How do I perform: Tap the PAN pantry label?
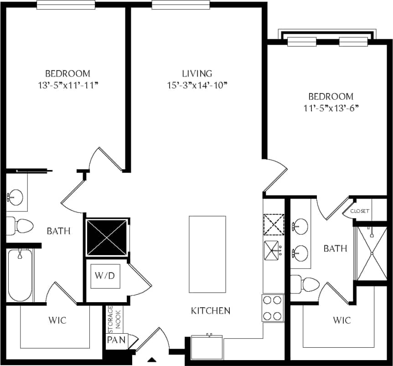114,340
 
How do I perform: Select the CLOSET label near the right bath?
360,211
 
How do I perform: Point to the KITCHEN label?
210,311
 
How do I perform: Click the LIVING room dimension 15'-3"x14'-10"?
197,85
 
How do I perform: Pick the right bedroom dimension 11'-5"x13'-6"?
331,108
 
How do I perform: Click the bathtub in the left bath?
20,275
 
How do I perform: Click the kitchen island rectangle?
207,254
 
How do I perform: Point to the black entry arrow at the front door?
151,360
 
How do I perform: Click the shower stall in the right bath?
371,253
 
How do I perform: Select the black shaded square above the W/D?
107,237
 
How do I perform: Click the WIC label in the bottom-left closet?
57,320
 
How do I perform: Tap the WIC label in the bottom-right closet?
341,320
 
